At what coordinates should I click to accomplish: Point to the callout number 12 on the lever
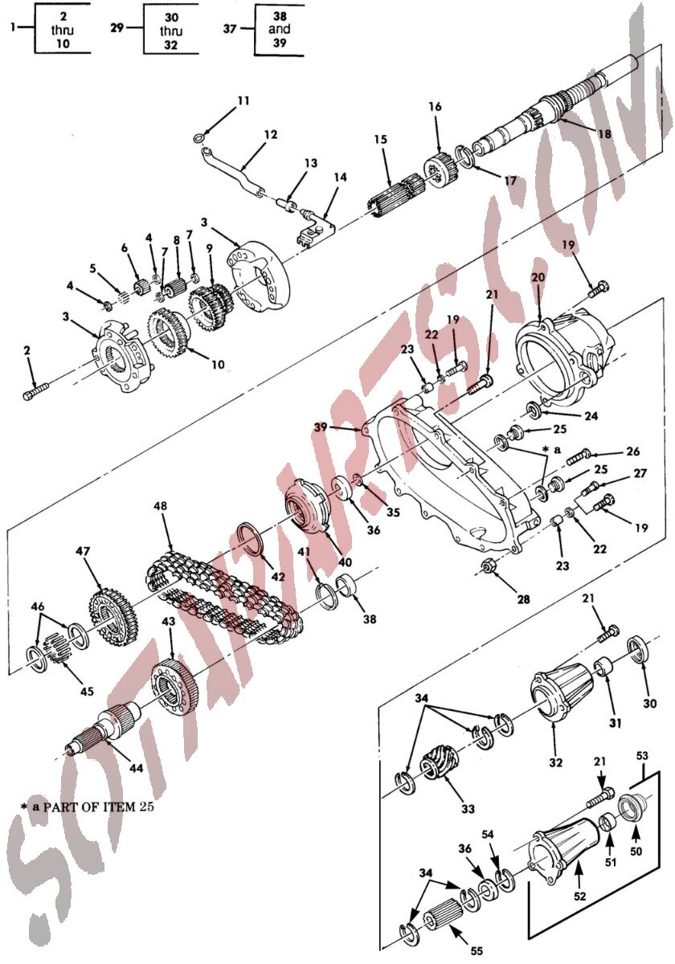point(271,135)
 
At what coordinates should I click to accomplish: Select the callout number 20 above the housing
point(538,277)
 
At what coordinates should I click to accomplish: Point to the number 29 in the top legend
point(117,28)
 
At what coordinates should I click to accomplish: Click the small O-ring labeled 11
point(199,137)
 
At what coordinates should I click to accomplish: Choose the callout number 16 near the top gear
point(436,106)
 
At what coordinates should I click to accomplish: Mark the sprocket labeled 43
point(175,689)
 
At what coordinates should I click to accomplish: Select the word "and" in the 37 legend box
point(280,29)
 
